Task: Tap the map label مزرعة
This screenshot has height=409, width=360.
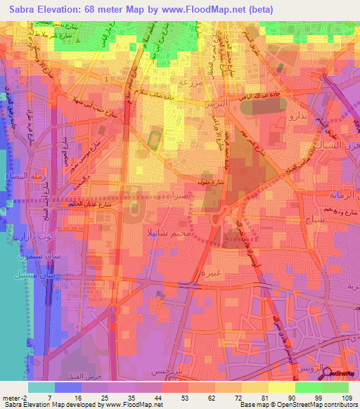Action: pyautogui.click(x=192, y=82)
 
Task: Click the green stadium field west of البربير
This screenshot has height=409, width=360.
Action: pyautogui.click(x=153, y=140)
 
